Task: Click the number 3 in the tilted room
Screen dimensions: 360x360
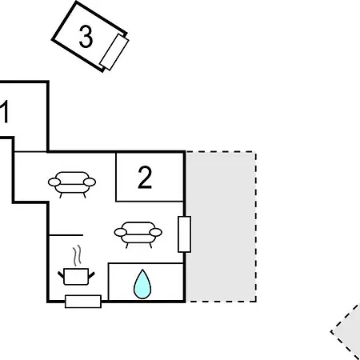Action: pyautogui.click(x=86, y=37)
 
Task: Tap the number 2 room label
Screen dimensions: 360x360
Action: pyautogui.click(x=145, y=178)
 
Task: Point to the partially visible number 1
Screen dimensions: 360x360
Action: pyautogui.click(x=4, y=112)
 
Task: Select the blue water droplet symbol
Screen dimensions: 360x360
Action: pyautogui.click(x=142, y=284)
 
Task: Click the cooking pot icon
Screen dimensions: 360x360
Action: pyautogui.click(x=76, y=277)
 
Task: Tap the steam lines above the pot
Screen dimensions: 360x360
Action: pyautogui.click(x=77, y=256)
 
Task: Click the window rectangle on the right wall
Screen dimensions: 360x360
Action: pyautogui.click(x=184, y=234)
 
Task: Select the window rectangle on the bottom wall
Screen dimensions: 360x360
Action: pyautogui.click(x=83, y=302)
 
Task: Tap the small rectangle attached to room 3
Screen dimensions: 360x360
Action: pyautogui.click(x=114, y=52)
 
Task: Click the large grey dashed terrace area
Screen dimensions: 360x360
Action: pyautogui.click(x=221, y=226)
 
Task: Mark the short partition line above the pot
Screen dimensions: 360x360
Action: pyautogui.click(x=66, y=235)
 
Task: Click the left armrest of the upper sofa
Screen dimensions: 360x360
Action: pyautogui.click(x=54, y=182)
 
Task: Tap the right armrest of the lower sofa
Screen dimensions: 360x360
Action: pyautogui.click(x=156, y=232)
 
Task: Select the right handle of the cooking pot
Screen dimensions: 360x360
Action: pyautogui.click(x=91, y=275)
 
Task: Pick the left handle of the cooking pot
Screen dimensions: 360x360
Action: pyautogui.click(x=61, y=275)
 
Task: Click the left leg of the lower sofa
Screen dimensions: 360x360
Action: pyautogui.click(x=127, y=246)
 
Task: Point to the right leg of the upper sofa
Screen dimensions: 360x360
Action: pyautogui.click(x=85, y=195)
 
